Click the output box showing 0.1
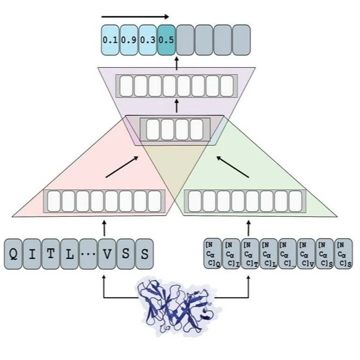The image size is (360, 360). (x=110, y=40)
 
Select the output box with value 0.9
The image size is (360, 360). (x=129, y=40)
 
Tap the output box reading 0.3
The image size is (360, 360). (x=147, y=40)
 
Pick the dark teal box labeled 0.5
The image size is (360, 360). (x=166, y=40)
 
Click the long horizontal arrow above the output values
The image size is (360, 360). (x=135, y=17)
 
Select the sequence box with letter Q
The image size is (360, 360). (x=14, y=254)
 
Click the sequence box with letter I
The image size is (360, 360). (x=32, y=254)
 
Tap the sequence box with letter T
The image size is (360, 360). (x=51, y=254)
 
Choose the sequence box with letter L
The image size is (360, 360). (x=69, y=254)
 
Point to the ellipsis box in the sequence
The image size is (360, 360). (x=88, y=254)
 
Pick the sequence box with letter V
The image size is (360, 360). (x=107, y=254)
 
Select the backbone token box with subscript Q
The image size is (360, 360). (x=213, y=254)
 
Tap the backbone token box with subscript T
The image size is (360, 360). (x=250, y=254)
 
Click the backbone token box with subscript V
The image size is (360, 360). (x=306, y=254)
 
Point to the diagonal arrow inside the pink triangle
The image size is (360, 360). (x=123, y=167)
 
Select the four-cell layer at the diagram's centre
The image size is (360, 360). (x=176, y=130)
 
